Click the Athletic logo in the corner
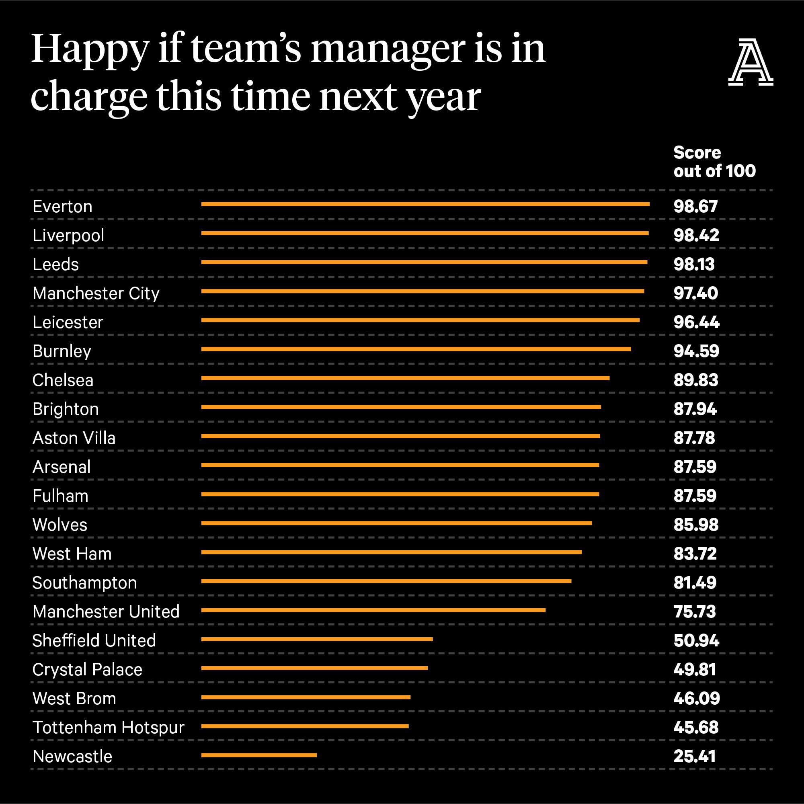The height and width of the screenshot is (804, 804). pos(751,62)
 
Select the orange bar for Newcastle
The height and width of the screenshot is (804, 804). pos(259,755)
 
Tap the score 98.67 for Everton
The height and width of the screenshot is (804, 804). pos(696,206)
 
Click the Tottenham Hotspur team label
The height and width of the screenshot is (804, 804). pos(108,728)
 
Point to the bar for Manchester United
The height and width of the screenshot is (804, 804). pos(373,610)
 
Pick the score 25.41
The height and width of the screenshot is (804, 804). pos(695,756)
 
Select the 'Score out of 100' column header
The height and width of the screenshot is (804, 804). pos(714,162)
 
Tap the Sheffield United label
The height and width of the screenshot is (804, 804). pos(94,640)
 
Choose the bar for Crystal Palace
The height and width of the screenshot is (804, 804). pos(315,668)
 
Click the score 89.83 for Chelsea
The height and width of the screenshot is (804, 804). pos(696,380)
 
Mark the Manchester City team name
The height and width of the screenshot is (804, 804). pos(96,294)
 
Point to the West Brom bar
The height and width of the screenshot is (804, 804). pos(306,697)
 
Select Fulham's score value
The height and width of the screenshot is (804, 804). pos(695,496)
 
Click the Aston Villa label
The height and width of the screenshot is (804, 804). pos(74,438)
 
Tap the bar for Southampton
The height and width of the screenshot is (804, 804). pos(386,581)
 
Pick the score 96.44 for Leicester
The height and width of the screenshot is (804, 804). pos(697,322)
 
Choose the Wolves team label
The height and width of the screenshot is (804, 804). pos(60,525)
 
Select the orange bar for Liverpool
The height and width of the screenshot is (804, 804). pos(425,233)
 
